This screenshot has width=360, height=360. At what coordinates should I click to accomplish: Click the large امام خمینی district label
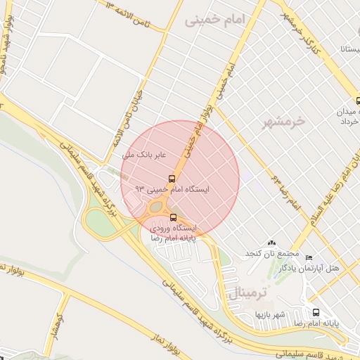[x=224, y=21]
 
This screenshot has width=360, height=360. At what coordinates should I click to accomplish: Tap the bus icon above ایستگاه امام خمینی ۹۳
[x=172, y=178]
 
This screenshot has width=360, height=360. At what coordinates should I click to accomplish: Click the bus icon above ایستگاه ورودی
[x=174, y=217]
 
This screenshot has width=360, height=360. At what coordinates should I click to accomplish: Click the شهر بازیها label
[x=270, y=314]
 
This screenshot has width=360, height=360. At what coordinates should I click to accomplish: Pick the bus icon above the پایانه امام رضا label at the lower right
[x=316, y=312]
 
